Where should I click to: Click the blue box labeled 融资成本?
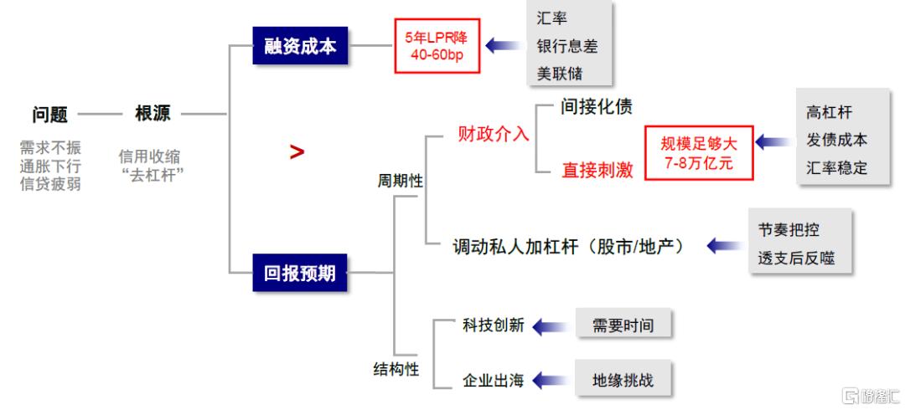[300, 45]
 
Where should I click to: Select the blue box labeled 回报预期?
[299, 272]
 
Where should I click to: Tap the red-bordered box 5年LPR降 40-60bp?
[437, 46]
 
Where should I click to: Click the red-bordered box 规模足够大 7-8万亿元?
[699, 153]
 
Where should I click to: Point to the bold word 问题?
[49, 114]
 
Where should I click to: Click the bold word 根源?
[153, 113]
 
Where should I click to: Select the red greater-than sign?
[297, 152]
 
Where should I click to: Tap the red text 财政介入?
[494, 135]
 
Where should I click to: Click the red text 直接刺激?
[597, 170]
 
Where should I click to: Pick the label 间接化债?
[597, 106]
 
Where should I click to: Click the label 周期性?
[400, 181]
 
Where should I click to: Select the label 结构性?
[396, 369]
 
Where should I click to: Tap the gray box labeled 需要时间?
[623, 325]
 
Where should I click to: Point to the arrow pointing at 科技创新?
[551, 326]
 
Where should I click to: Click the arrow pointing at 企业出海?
[551, 381]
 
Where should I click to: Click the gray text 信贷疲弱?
[50, 185]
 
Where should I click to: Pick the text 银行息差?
[567, 46]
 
